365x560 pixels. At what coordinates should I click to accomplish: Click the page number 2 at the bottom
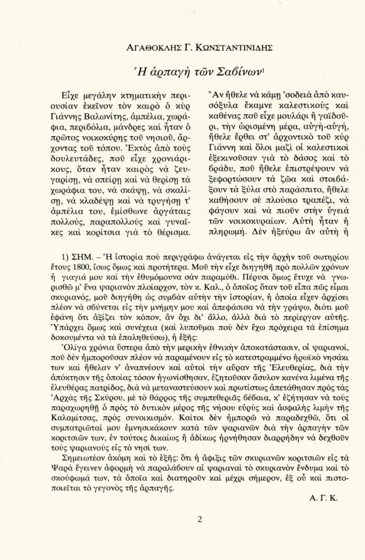199,519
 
